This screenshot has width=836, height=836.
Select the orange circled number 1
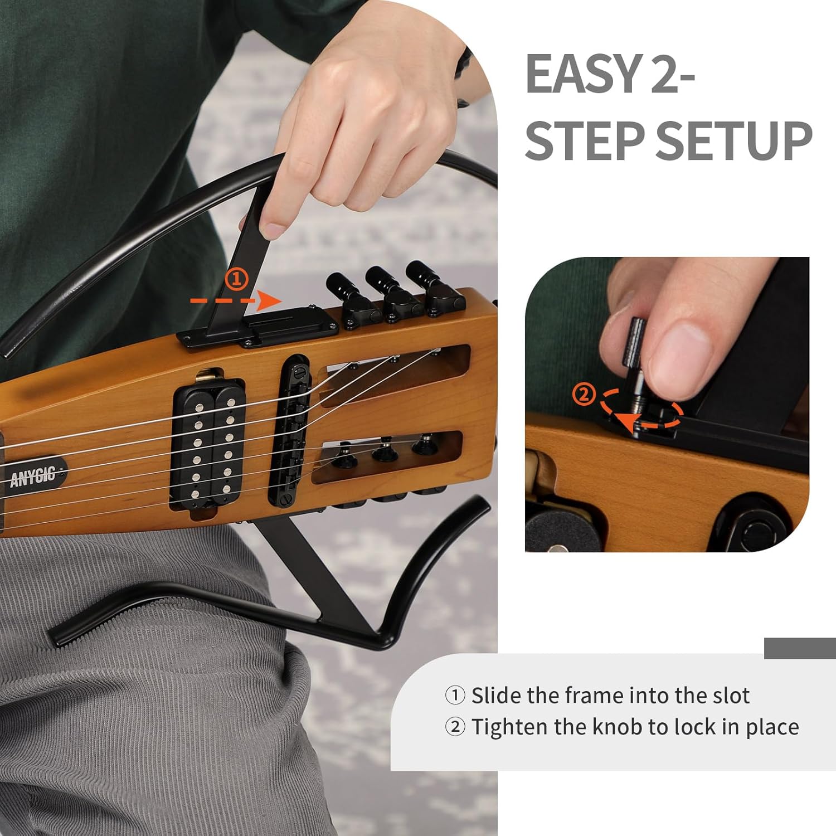click(x=236, y=279)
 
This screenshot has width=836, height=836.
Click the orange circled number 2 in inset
click(x=584, y=395)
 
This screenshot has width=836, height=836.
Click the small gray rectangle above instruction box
click(x=800, y=648)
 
